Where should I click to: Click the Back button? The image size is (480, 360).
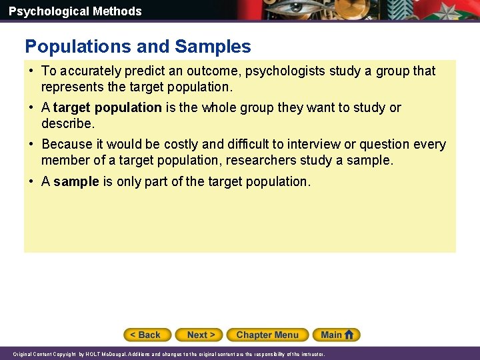point(147,335)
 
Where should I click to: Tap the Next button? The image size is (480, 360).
point(201,335)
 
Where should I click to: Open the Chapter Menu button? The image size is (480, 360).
point(267,335)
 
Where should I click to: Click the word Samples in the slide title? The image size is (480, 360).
point(213,47)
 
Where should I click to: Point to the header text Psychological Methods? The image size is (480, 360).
point(75,11)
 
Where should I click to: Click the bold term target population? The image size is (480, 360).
point(107,107)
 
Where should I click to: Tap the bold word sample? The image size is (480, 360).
point(76,181)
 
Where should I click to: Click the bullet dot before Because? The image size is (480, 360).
point(32,144)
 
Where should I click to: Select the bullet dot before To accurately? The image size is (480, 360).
point(32,71)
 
